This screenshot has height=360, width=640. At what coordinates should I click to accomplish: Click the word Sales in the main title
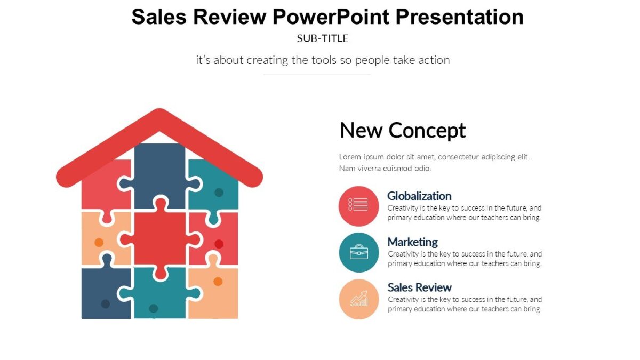tap(159, 17)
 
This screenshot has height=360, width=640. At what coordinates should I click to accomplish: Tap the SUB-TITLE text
tap(323, 38)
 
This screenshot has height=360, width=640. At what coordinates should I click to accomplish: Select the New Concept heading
tap(403, 130)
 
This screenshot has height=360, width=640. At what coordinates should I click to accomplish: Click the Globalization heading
tap(419, 196)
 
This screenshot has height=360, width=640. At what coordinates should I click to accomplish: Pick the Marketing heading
tap(412, 242)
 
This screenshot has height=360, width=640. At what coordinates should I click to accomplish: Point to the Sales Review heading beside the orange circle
tap(419, 287)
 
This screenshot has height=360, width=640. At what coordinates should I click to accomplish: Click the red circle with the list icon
tap(358, 205)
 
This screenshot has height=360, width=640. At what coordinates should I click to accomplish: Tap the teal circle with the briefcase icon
tap(358, 252)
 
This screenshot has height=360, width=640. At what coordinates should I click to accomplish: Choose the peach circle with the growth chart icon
tap(358, 299)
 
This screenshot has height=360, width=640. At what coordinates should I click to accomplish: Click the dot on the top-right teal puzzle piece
tap(219, 193)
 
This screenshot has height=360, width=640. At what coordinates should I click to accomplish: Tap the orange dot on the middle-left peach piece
tap(99, 243)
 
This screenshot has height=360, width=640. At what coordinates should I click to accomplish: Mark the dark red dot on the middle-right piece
tap(219, 244)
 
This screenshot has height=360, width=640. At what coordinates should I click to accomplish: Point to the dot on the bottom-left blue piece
tap(106, 304)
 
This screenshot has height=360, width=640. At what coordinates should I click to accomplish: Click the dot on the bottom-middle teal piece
tap(154, 308)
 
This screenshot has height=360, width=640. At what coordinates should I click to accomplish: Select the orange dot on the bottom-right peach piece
tap(218, 282)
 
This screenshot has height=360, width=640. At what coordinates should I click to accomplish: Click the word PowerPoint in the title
tap(331, 17)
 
